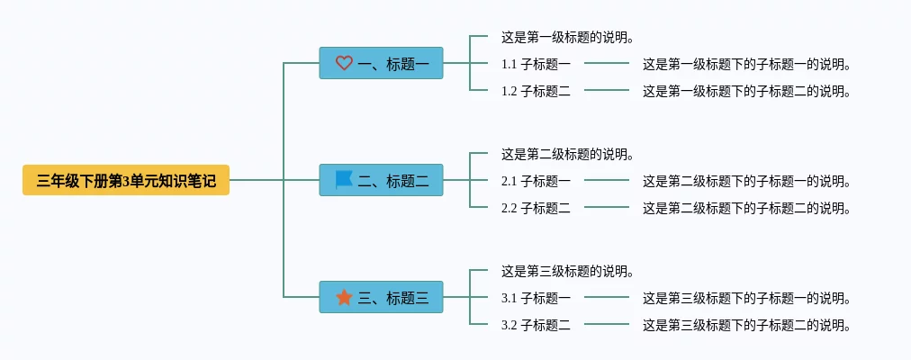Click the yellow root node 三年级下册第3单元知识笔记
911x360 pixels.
pyautogui.click(x=126, y=181)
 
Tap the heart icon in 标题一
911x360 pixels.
pyautogui.click(x=344, y=63)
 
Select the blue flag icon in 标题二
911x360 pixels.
pyautogui.click(x=344, y=180)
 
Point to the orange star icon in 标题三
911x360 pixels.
pyautogui.click(x=344, y=297)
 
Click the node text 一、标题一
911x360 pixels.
pyautogui.click(x=393, y=64)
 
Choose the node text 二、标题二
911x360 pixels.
pyautogui.click(x=393, y=181)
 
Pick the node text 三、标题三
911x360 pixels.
pyautogui.click(x=393, y=298)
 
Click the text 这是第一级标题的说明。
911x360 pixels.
pyautogui.click(x=568, y=38)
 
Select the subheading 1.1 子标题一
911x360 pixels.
pyautogui.click(x=536, y=65)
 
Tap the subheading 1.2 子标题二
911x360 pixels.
pyautogui.click(x=536, y=91)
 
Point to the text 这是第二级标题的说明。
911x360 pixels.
pyautogui.click(x=568, y=155)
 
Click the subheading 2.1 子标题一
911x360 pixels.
pyautogui.click(x=536, y=182)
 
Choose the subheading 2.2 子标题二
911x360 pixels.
pyautogui.click(x=536, y=209)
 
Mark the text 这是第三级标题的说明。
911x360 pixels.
pyautogui.click(x=568, y=272)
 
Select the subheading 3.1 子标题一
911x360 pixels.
pyautogui.click(x=536, y=299)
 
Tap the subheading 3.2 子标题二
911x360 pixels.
pyautogui.click(x=536, y=326)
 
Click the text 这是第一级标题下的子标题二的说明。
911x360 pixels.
pyautogui.click(x=746, y=91)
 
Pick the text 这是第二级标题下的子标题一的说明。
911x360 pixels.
pyautogui.click(x=746, y=182)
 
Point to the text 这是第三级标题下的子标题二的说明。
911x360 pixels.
pyautogui.click(x=746, y=326)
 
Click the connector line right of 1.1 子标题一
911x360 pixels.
pyautogui.click(x=607, y=64)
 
